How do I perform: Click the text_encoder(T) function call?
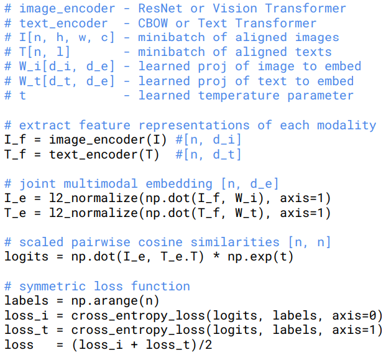tap(104, 154)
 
